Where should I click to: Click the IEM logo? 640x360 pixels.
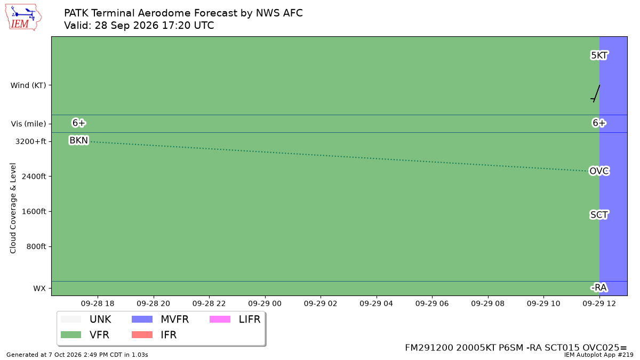(x=23, y=18)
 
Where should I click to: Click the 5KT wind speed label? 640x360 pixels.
(x=599, y=55)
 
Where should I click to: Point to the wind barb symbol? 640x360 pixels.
(x=595, y=93)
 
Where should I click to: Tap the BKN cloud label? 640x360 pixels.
(x=79, y=140)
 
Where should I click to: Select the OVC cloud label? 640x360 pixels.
(x=599, y=171)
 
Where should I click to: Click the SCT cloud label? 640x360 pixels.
(x=599, y=214)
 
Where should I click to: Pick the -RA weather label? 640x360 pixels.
(x=599, y=287)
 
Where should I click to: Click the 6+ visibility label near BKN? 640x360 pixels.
(x=79, y=123)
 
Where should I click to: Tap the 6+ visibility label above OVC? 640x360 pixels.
(x=599, y=123)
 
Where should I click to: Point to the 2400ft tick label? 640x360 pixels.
(x=34, y=177)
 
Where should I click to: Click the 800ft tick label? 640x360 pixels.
(x=36, y=246)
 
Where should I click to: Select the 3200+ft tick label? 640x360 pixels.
(x=30, y=141)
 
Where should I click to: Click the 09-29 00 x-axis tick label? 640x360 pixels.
(x=265, y=303)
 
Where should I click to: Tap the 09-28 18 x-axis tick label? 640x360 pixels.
(x=98, y=303)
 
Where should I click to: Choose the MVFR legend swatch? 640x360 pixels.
(x=142, y=319)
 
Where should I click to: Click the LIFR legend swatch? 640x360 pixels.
(x=220, y=319)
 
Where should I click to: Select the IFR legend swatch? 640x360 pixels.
(x=142, y=334)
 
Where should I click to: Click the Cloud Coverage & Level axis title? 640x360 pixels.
(x=13, y=209)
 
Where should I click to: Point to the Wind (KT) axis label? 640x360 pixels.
(x=28, y=85)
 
